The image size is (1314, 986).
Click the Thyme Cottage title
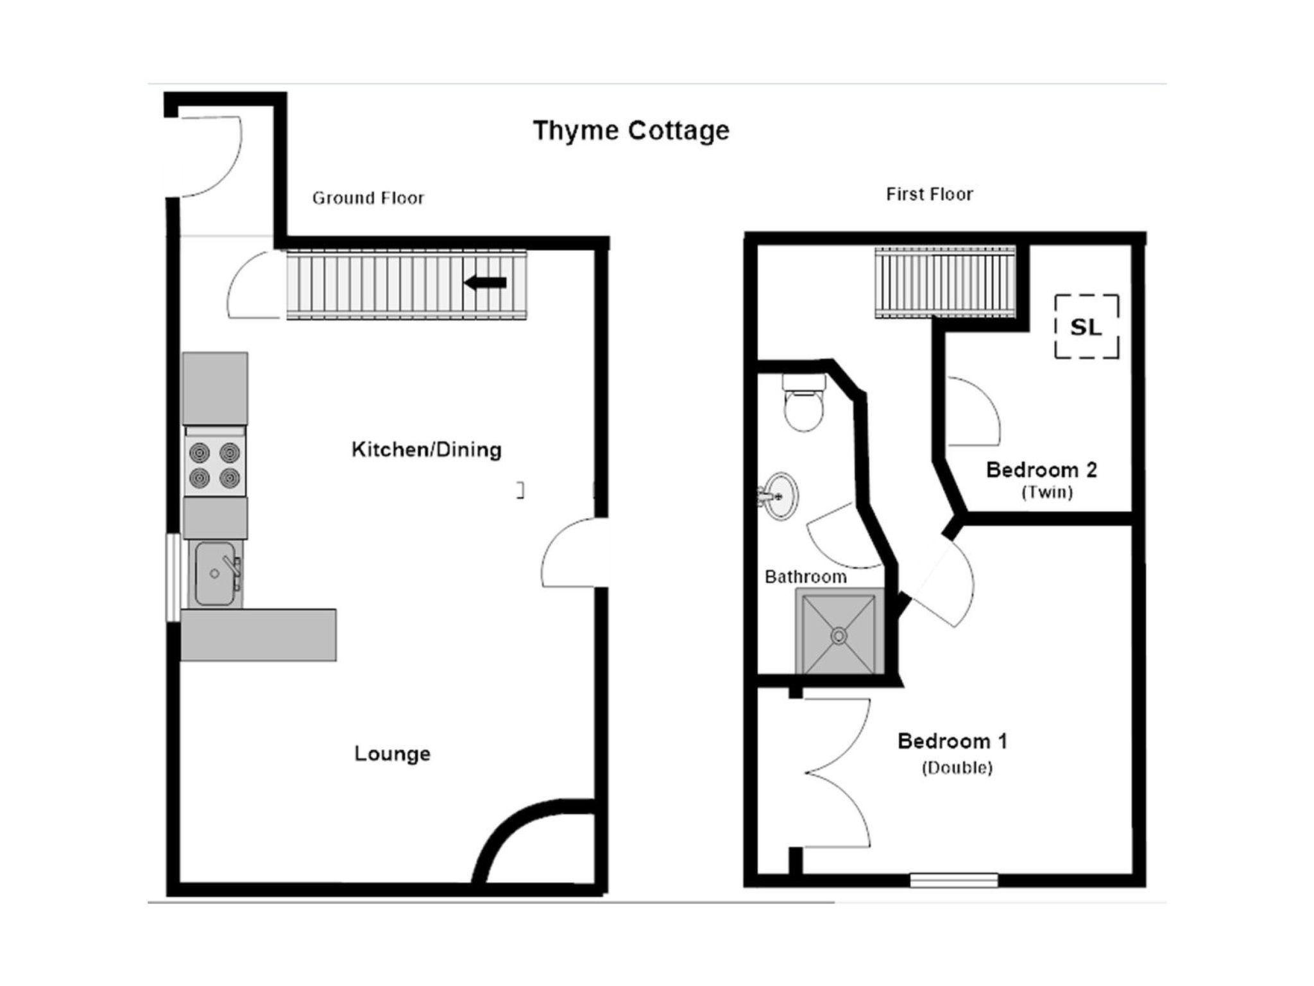631,130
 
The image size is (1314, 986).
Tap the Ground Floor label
368,198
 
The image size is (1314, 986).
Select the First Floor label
929,194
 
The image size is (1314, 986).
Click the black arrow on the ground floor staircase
486,282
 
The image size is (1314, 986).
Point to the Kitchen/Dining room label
426,449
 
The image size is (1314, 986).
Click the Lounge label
392,753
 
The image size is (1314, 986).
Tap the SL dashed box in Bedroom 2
1087,327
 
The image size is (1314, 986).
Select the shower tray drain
839,636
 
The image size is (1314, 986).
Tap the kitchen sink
215,573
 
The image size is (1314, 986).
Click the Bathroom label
805,576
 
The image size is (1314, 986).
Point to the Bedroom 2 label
1041,470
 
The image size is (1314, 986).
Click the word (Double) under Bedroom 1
957,768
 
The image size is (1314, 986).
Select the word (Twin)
1047,492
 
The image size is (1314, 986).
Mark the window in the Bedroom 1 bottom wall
954,880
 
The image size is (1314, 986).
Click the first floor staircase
945,282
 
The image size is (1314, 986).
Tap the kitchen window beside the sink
173,578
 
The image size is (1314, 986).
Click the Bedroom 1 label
952,741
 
